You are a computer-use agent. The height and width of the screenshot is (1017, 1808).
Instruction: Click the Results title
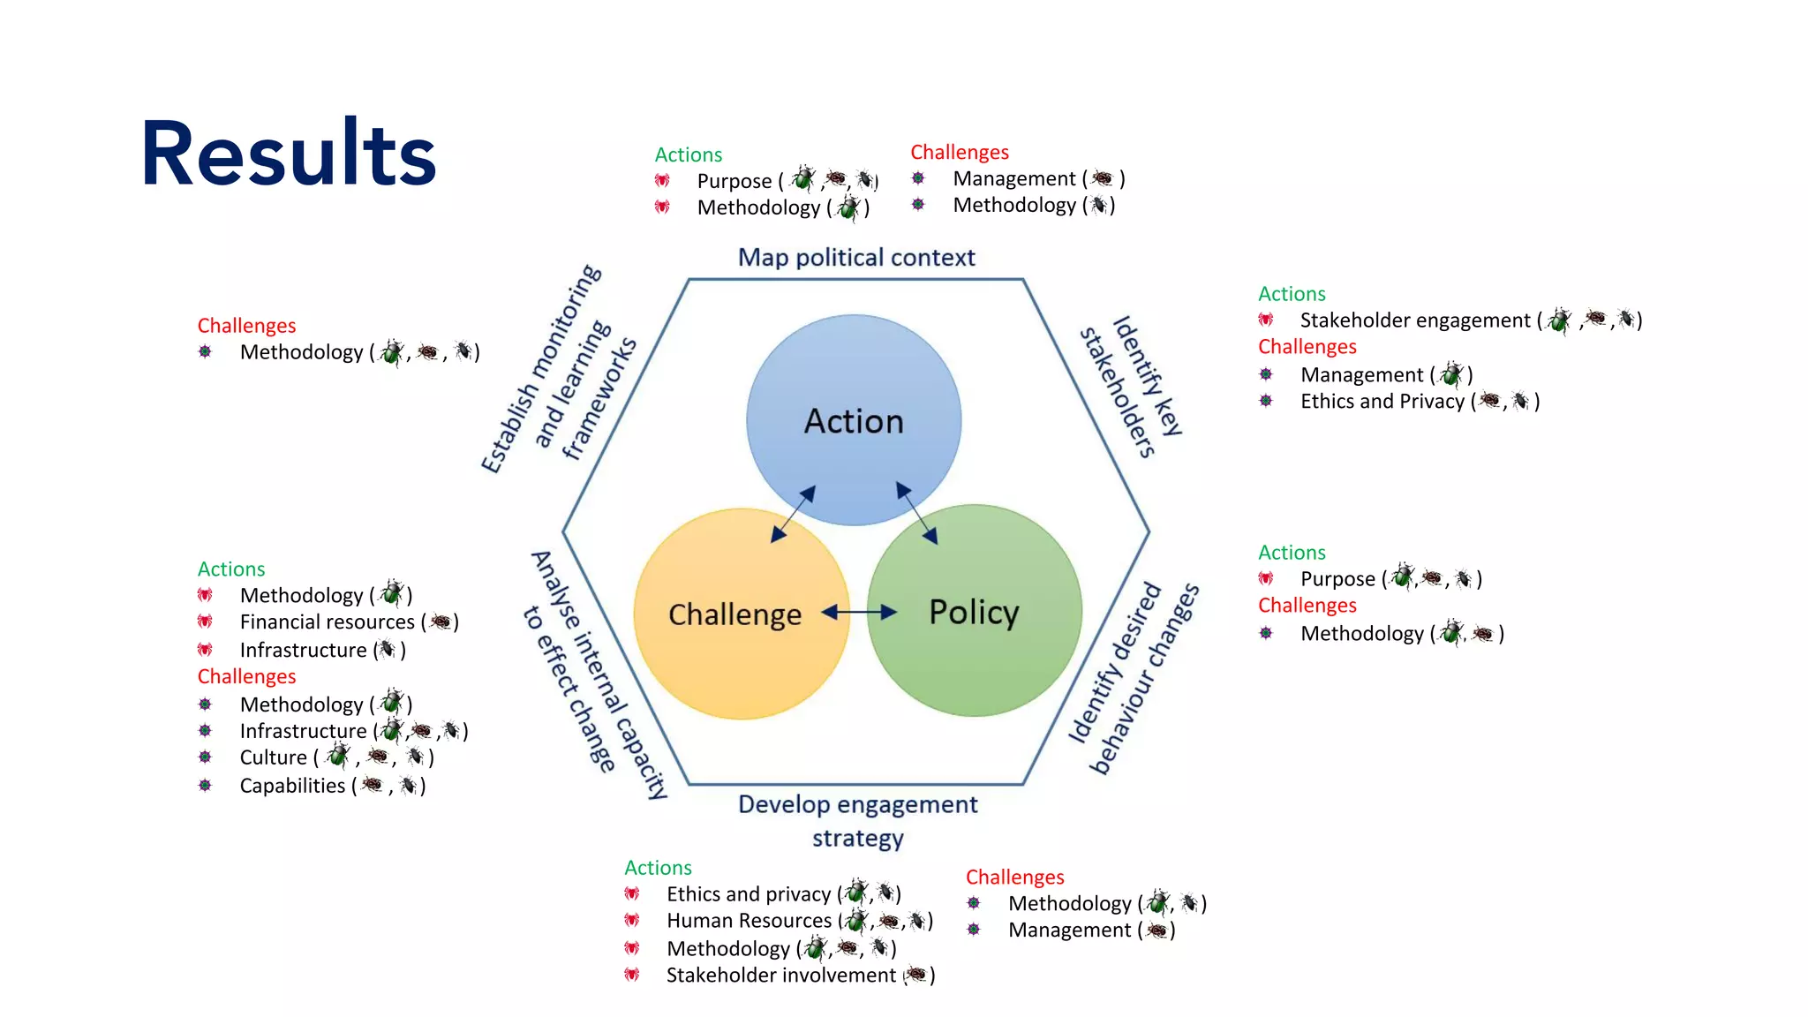coord(289,154)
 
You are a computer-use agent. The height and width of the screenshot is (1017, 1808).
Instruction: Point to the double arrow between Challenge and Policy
coord(858,612)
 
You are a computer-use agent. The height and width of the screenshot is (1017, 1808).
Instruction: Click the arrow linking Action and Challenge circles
coord(793,513)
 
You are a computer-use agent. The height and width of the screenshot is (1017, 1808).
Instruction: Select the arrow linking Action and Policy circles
coord(917,512)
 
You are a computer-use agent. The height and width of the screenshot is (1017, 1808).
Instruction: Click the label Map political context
coord(856,258)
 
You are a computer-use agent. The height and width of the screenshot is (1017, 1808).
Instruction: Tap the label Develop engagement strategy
coord(858,820)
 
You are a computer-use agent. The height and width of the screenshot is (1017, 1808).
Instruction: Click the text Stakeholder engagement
coord(1414,320)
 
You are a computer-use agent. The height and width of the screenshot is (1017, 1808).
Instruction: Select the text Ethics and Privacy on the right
coord(1382,402)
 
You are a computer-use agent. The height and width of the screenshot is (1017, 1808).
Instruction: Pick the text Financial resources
coord(327,622)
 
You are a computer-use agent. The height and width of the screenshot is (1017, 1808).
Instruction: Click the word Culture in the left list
coord(273,757)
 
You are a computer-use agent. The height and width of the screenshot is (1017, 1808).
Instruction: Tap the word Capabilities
coord(292,786)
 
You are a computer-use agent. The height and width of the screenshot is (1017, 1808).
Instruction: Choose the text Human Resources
coord(749,921)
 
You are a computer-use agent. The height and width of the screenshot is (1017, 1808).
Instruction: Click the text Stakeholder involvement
coord(780,976)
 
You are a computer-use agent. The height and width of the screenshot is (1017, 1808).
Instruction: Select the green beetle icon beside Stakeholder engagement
coord(1559,320)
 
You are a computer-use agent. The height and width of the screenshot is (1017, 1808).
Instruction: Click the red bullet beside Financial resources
coord(205,622)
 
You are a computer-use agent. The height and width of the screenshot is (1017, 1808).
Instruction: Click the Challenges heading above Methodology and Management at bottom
coord(1014,878)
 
